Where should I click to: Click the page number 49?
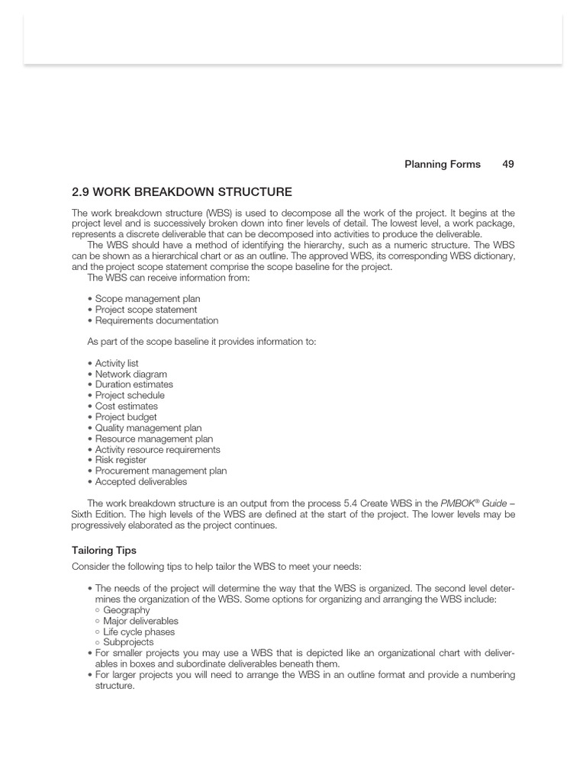click(x=508, y=164)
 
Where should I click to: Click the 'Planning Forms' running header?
click(x=443, y=164)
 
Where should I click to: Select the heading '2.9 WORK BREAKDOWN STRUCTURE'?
click(x=182, y=192)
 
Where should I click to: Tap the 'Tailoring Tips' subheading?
click(x=104, y=550)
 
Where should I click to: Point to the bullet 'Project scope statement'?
click(x=146, y=310)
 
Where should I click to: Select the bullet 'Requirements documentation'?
click(x=156, y=320)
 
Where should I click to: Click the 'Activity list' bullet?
click(x=117, y=364)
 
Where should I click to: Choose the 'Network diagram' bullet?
click(x=130, y=374)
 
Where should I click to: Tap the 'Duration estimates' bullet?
click(x=134, y=384)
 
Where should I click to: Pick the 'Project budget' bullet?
click(x=126, y=417)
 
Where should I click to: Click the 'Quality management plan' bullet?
click(x=148, y=428)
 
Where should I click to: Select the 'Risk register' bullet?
click(x=121, y=460)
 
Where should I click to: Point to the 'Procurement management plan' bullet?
click(x=160, y=471)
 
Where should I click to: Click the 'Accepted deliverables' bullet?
click(x=140, y=481)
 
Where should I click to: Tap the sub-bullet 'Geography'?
click(x=126, y=610)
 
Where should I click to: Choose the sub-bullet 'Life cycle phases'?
click(x=139, y=632)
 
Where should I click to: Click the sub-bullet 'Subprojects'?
click(x=128, y=642)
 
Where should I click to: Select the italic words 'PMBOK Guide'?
click(x=473, y=503)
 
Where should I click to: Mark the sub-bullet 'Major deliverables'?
click(x=140, y=621)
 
